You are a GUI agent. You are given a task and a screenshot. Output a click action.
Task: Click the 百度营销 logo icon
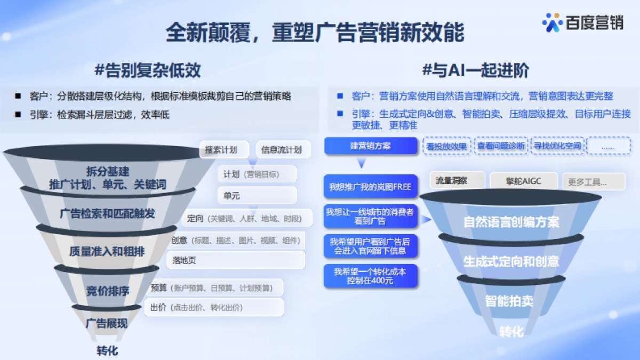[x=553, y=22]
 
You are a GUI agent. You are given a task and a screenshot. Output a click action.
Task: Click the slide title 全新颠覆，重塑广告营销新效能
[x=315, y=33]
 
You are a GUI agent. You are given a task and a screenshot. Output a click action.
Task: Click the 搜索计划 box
[x=221, y=150]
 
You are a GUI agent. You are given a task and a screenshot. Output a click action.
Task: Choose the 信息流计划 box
[x=282, y=150]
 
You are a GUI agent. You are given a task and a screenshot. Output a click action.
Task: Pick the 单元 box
[x=257, y=196]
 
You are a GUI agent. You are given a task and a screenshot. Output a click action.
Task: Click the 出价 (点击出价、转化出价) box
[x=214, y=307]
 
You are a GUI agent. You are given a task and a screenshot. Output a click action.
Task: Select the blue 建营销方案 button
[x=371, y=146]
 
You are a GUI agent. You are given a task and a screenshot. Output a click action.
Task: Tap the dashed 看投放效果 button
[x=447, y=146]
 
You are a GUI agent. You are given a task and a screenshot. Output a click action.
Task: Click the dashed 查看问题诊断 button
[x=501, y=146]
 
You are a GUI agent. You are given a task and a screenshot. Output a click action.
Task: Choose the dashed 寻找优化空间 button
[x=558, y=146]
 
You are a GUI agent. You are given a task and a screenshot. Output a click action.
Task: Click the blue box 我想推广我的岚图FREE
[x=370, y=187]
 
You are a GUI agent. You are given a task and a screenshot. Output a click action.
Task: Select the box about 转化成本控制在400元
[x=370, y=276]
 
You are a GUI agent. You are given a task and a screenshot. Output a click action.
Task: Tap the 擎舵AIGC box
[x=523, y=181]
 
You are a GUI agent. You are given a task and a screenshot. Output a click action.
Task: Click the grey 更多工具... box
[x=594, y=182]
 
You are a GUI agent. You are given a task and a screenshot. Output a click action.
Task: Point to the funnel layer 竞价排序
[x=108, y=291]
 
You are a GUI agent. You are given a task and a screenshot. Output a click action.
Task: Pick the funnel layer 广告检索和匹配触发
[x=108, y=214]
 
